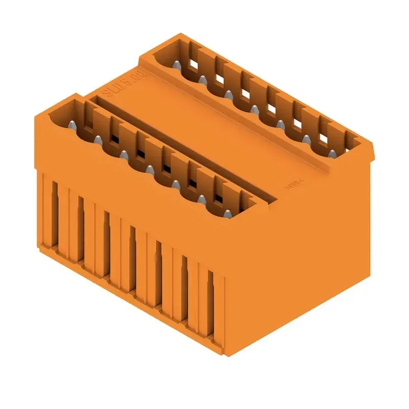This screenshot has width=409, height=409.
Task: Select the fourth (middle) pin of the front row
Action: tap(149, 169)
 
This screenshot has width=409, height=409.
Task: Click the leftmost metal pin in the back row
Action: tap(176, 66)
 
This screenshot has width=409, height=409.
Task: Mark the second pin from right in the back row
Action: tap(305, 139)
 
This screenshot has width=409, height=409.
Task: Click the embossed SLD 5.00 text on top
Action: tap(117, 84)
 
